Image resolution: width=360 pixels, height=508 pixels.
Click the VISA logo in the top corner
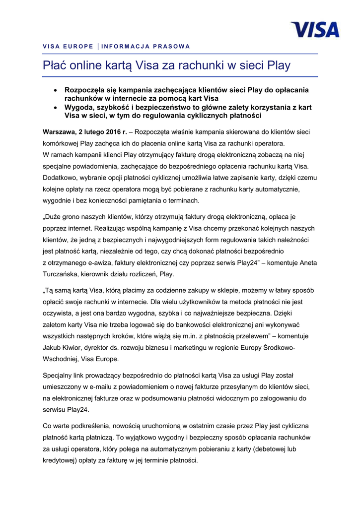tap(315, 29)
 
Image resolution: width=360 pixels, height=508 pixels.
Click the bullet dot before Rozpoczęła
tap(56, 90)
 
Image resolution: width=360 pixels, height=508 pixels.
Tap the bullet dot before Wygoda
tap(56, 107)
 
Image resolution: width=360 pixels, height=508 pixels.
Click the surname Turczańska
tap(63, 274)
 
